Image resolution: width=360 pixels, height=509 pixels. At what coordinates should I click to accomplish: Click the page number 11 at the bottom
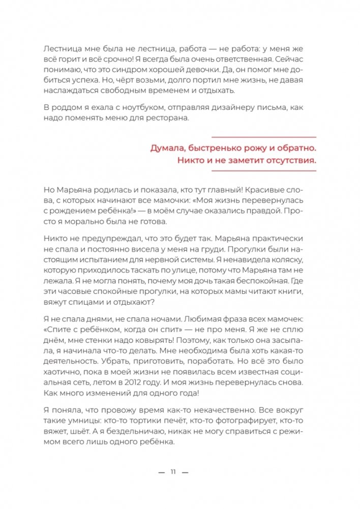coord(172,472)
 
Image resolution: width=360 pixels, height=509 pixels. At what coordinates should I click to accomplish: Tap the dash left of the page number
coord(162,472)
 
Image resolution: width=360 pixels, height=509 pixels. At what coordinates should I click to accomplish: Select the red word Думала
coord(167,148)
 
